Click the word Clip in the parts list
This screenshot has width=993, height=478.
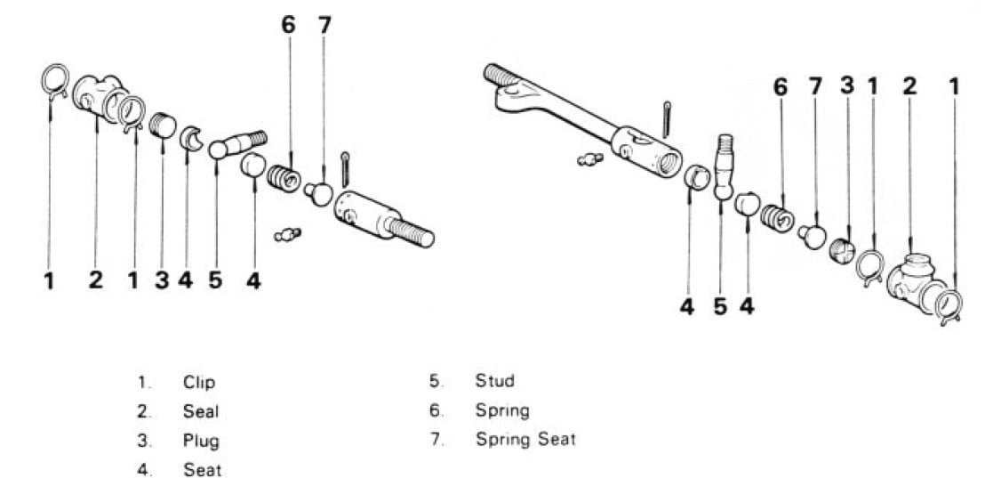pyautogui.click(x=199, y=383)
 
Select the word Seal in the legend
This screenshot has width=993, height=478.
pyautogui.click(x=201, y=411)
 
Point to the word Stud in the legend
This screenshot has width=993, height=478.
pyautogui.click(x=494, y=381)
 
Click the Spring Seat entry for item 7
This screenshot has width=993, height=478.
pyautogui.click(x=525, y=440)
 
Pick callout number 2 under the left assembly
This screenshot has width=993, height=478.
pyautogui.click(x=96, y=280)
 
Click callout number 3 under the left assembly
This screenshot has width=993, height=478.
pyautogui.click(x=162, y=280)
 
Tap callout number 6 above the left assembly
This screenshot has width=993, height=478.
pyautogui.click(x=289, y=25)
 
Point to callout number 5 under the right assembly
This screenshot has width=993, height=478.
pyautogui.click(x=720, y=306)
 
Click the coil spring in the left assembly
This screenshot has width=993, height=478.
pyautogui.click(x=283, y=178)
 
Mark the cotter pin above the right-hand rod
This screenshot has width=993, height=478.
pyautogui.click(x=666, y=119)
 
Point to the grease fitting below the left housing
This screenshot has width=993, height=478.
pyautogui.click(x=287, y=235)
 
